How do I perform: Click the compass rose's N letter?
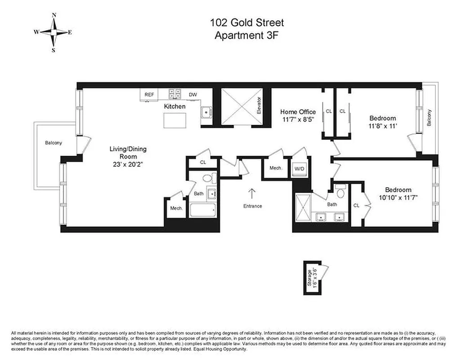click(54, 15)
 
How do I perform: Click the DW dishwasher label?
click(193, 94)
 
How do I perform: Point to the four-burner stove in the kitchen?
click(175, 94)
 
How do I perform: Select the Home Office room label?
click(298, 112)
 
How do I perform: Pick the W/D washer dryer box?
click(299, 168)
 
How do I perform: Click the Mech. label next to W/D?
click(275, 168)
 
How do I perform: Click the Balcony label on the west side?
click(53, 143)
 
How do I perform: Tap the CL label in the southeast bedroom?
click(356, 206)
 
